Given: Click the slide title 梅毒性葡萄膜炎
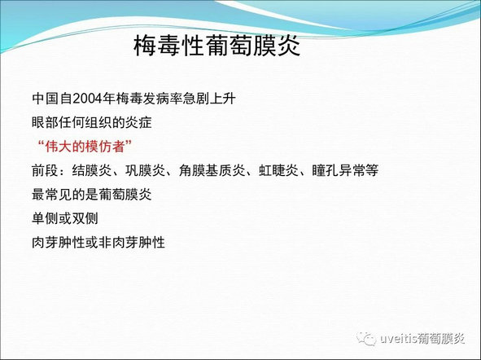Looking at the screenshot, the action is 216,46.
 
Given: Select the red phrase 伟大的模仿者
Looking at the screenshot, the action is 85,147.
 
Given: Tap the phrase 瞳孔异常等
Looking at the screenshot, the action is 345,171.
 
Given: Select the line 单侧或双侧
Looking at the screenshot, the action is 65,219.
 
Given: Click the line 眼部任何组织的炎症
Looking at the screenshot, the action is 92,123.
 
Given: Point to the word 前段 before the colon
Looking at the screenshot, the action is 45,171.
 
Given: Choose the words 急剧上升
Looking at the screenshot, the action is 209,99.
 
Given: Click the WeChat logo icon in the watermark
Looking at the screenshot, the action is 365,339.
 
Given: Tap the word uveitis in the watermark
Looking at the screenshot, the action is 399,339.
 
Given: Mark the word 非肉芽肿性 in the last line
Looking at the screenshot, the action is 132,243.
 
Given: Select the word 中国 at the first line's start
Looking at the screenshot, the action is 45,99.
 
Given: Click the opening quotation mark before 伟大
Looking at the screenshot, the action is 40,143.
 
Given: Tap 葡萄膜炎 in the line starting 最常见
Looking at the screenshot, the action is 125,195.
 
